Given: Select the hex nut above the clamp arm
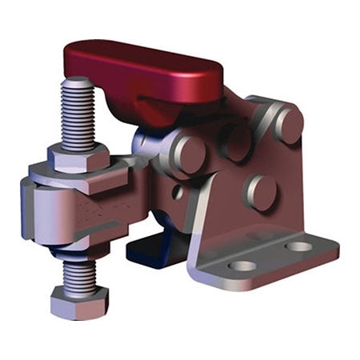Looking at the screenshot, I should point(78,157).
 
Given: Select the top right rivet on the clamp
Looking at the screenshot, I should point(287,122).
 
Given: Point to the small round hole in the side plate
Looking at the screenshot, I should point(178,192).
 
